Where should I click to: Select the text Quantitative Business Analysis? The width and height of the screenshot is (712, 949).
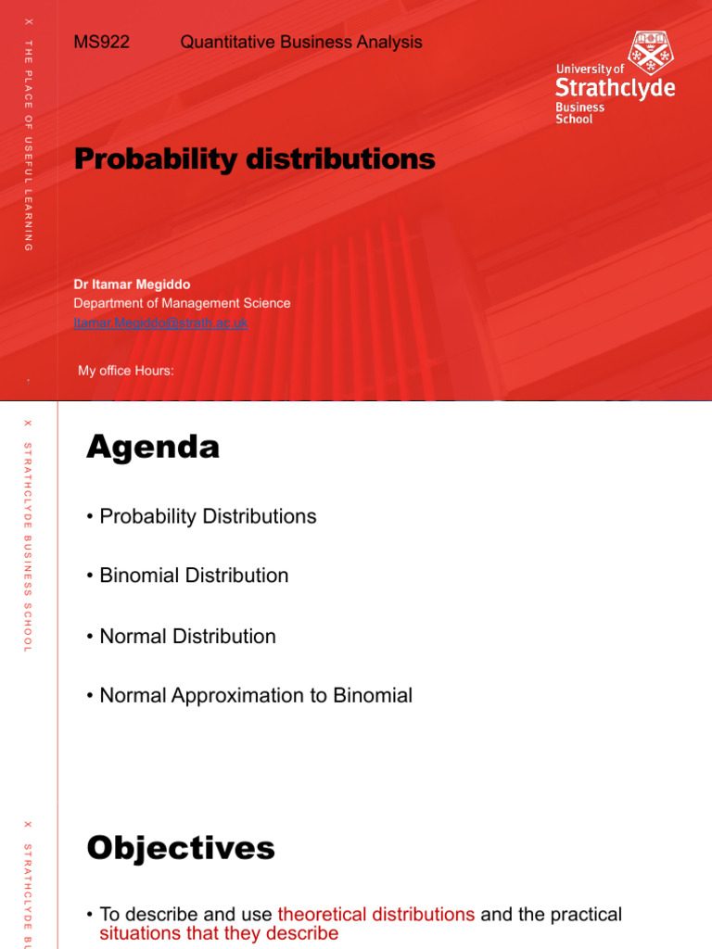click(x=300, y=42)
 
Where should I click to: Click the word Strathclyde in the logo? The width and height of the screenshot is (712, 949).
click(x=615, y=89)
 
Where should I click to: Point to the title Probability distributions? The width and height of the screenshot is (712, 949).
click(x=254, y=159)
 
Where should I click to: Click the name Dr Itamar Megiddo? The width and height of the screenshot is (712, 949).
click(x=132, y=285)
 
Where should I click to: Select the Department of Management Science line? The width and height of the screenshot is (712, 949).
click(x=182, y=303)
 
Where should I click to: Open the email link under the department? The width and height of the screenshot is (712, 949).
click(x=160, y=323)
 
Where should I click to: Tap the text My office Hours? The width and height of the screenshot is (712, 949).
click(x=126, y=371)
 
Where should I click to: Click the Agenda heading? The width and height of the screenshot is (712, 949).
click(x=153, y=449)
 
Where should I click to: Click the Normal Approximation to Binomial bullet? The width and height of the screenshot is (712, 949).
click(x=255, y=696)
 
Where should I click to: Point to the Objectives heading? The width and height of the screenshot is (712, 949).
click(x=181, y=848)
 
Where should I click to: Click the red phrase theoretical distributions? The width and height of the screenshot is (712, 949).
click(x=375, y=915)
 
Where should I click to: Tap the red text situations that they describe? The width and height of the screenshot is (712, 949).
click(x=219, y=933)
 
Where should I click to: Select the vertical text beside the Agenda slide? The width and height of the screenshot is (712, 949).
click(x=28, y=547)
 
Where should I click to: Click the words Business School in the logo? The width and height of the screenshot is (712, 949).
click(x=579, y=113)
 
